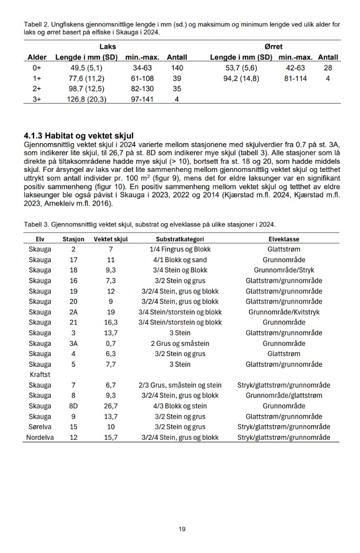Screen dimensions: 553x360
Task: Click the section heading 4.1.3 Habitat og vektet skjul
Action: (79, 136)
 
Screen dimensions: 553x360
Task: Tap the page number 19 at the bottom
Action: (182, 529)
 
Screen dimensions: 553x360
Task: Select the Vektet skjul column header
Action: (111, 239)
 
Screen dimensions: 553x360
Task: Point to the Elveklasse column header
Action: (284, 239)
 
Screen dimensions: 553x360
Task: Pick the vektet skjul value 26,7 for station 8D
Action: (111, 406)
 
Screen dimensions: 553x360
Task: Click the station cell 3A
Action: (73, 343)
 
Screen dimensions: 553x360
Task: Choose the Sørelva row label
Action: (40, 427)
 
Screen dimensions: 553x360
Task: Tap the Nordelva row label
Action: (40, 437)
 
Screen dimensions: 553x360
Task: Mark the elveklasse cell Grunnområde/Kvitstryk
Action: (284, 312)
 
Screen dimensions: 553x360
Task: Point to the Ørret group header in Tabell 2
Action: (273, 46)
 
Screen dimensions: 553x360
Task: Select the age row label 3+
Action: (37, 99)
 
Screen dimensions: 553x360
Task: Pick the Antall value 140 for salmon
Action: (177, 68)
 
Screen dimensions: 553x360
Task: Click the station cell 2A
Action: (73, 312)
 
